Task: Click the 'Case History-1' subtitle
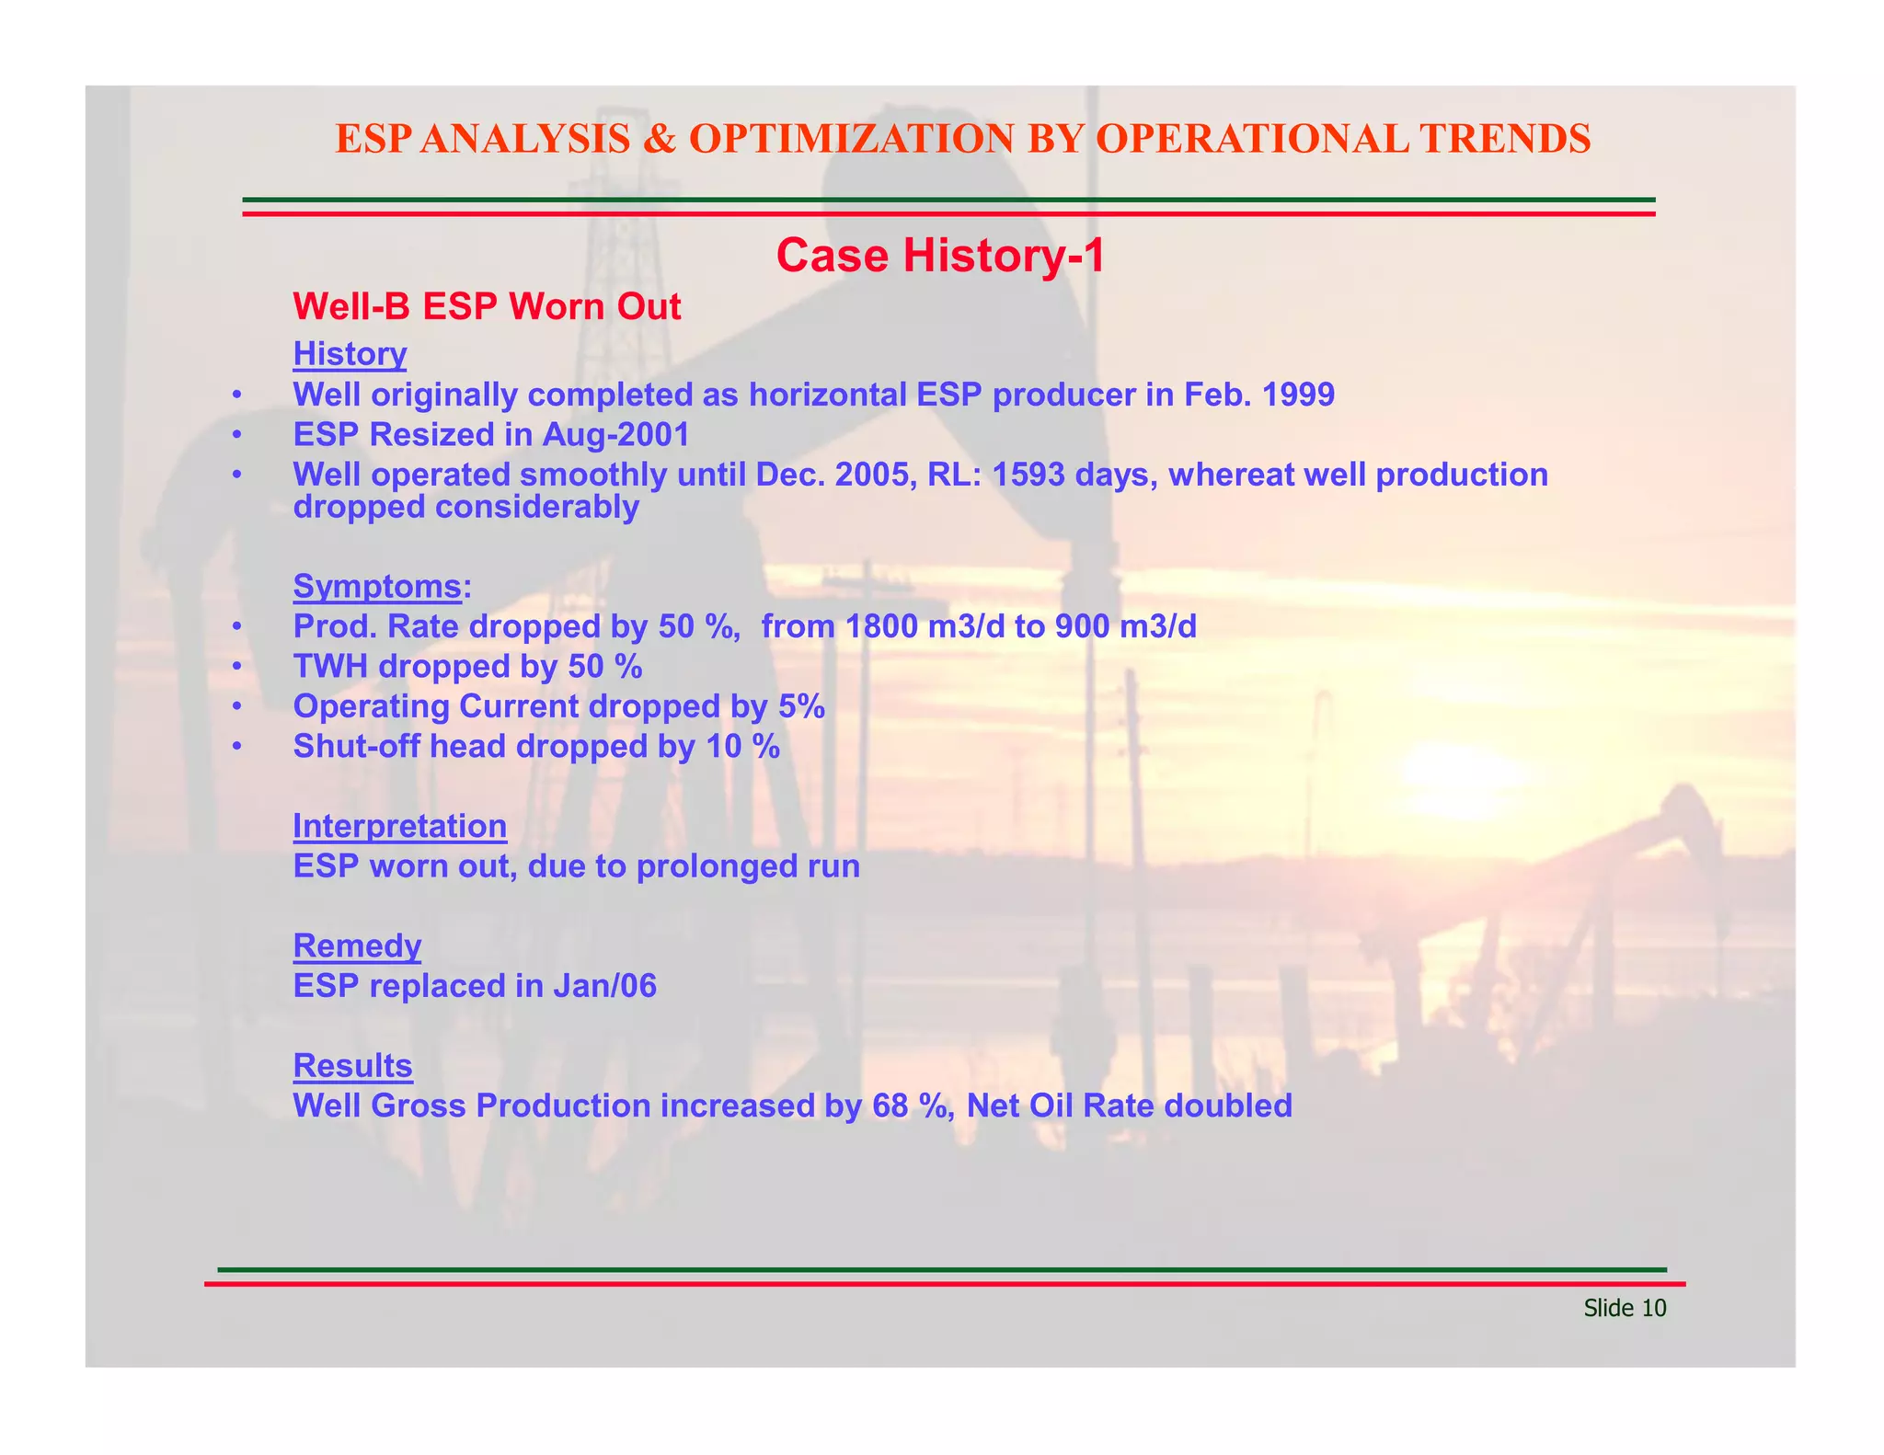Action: pos(940,256)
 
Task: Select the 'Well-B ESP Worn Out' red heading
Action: pos(487,307)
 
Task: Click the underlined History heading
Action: pos(350,354)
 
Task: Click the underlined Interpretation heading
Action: pos(399,826)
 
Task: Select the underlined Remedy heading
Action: pos(357,945)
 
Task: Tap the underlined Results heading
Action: pos(352,1065)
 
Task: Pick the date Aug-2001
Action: pos(615,434)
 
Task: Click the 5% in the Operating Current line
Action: pos(799,706)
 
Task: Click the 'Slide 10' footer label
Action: pos(1625,1308)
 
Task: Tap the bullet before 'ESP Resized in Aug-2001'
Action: pos(236,435)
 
